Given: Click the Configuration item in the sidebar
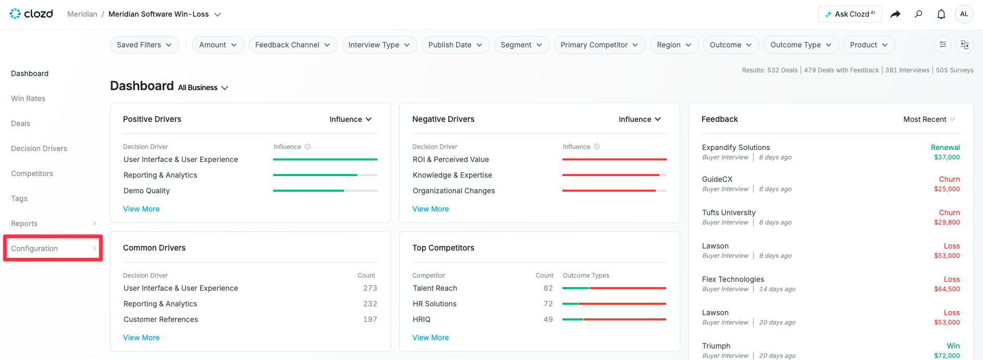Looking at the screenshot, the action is click(x=34, y=249).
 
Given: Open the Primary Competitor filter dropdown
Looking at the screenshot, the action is click(x=599, y=45).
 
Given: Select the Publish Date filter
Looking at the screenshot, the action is click(x=456, y=45).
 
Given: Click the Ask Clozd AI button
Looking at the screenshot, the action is click(x=850, y=14).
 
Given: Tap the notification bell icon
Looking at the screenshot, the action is click(x=941, y=14).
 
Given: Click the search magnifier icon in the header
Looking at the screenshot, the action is click(x=918, y=14).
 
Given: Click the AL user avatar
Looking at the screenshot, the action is click(x=964, y=14).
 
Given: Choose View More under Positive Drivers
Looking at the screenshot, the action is click(x=141, y=209).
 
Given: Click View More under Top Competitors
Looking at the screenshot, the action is click(x=431, y=338).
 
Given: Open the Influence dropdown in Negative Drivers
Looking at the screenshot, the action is click(x=640, y=119).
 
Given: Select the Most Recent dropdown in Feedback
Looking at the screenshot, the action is click(x=929, y=119).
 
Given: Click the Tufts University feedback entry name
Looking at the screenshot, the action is click(x=729, y=213).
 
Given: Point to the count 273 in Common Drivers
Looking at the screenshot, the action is click(x=370, y=288).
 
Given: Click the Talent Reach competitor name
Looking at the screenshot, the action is click(x=435, y=288).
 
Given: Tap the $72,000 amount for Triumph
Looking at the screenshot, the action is click(x=947, y=356).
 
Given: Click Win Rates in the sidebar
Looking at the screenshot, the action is click(x=28, y=98).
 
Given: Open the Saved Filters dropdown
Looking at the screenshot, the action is click(x=144, y=45).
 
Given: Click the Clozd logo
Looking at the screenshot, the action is click(x=31, y=14).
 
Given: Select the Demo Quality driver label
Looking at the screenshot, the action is click(x=146, y=191).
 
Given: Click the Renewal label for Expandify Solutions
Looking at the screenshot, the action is click(x=945, y=147).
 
